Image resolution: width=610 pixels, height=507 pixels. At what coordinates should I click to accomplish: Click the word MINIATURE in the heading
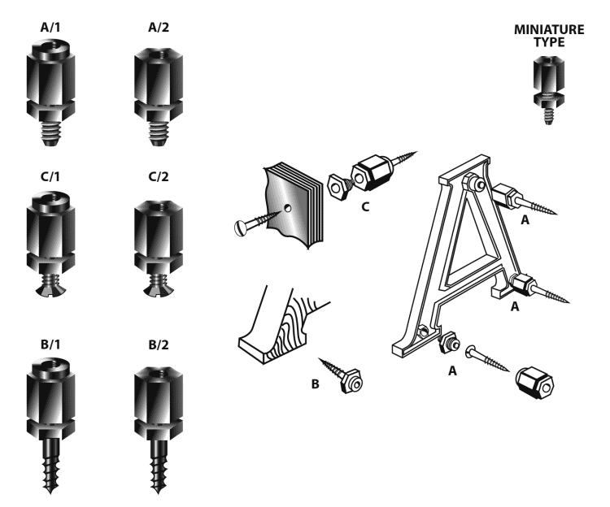pos(549,30)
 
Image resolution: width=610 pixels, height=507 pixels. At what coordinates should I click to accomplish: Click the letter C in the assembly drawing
pos(366,207)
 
